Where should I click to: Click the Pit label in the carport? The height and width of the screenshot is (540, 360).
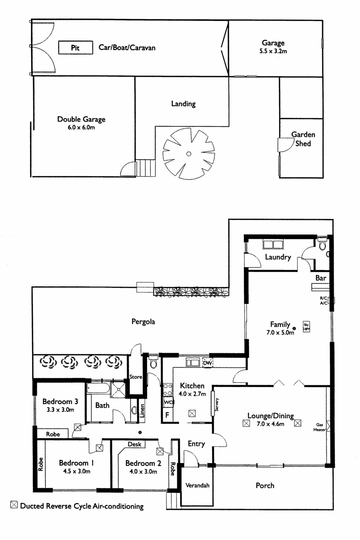click(x=75, y=48)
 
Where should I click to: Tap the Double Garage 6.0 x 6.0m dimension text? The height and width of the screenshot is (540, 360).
click(x=81, y=127)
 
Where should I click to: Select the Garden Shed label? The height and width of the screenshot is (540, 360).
click(x=303, y=139)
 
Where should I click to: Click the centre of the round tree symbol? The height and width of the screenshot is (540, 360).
click(x=189, y=154)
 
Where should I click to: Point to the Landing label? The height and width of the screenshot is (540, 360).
click(x=183, y=104)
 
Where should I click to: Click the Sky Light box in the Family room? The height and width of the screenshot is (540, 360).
click(x=306, y=326)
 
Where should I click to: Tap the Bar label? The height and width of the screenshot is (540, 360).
click(x=321, y=278)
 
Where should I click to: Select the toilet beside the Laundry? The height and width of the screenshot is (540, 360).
click(x=322, y=244)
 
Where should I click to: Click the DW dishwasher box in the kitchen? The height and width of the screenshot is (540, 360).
click(x=207, y=363)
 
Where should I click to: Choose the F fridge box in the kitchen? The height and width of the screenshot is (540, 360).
click(x=167, y=414)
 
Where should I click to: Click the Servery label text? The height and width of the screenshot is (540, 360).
click(x=216, y=405)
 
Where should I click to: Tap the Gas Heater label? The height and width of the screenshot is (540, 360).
click(x=319, y=427)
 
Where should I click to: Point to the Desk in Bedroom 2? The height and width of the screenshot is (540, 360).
click(x=135, y=444)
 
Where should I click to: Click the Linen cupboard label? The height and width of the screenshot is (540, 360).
click(x=142, y=411)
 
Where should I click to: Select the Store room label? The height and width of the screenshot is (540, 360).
click(x=136, y=377)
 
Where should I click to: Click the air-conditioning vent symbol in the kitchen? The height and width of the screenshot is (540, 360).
click(x=192, y=414)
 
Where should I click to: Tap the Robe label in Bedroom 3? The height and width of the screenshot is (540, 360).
click(x=53, y=434)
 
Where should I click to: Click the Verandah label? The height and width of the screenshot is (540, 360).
click(x=197, y=485)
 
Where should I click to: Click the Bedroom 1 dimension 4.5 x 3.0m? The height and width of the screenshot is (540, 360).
click(x=76, y=471)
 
